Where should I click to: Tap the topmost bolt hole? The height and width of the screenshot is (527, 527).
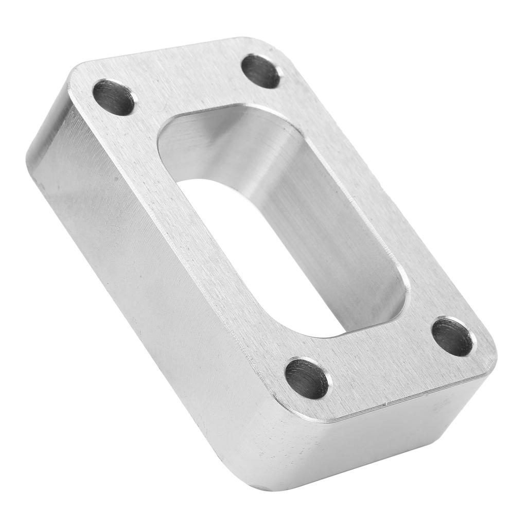click(260, 71)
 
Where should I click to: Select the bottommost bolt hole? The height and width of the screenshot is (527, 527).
click(307, 378)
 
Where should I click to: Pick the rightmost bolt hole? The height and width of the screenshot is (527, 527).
click(452, 337)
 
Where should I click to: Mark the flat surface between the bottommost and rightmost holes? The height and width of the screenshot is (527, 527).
click(381, 360)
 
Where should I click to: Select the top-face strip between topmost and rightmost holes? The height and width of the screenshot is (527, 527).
click(371, 196)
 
